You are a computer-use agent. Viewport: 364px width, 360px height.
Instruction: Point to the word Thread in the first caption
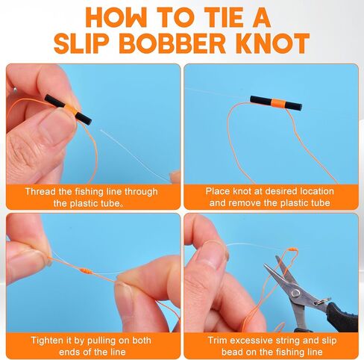click(42, 191)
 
